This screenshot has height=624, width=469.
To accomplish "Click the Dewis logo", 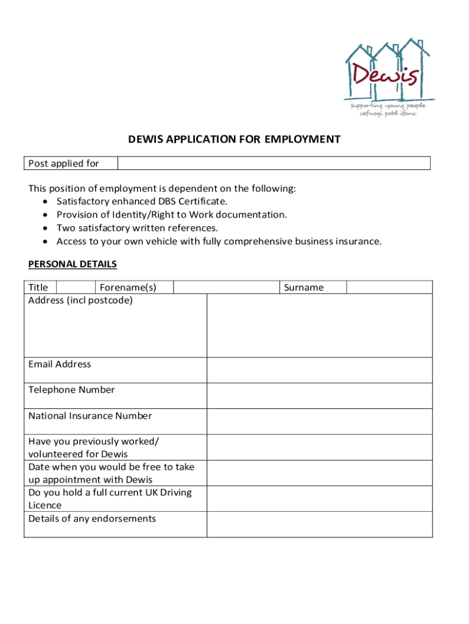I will [389, 78].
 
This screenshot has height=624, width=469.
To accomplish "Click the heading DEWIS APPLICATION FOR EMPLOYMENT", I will [234, 140].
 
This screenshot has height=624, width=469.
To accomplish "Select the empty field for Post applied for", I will [273, 163].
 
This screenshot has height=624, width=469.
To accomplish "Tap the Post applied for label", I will [63, 163].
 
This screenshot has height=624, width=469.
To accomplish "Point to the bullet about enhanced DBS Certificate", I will [141, 201].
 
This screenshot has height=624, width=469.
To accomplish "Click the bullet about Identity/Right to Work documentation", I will [171, 214].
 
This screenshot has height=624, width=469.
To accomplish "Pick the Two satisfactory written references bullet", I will [137, 228].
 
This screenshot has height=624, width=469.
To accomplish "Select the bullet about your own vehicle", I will [219, 241].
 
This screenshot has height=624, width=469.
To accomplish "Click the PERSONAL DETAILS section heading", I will [72, 264].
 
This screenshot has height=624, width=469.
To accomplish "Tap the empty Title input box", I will [76, 288].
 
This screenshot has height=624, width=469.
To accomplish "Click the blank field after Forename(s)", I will [227, 288].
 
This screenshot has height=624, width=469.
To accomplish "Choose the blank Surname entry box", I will [389, 288].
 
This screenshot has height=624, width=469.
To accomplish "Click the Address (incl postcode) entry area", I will [319, 325].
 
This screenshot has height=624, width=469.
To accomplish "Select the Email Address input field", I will [319, 370].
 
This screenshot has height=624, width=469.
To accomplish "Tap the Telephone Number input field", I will [319, 395].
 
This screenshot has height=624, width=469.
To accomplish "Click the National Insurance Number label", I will [90, 416].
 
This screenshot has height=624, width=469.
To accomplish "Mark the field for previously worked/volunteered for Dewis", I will [319, 447].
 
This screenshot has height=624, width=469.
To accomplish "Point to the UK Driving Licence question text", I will [110, 498].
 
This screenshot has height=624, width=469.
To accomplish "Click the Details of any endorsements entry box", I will [319, 525].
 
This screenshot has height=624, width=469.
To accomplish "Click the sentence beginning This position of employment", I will [162, 188].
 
